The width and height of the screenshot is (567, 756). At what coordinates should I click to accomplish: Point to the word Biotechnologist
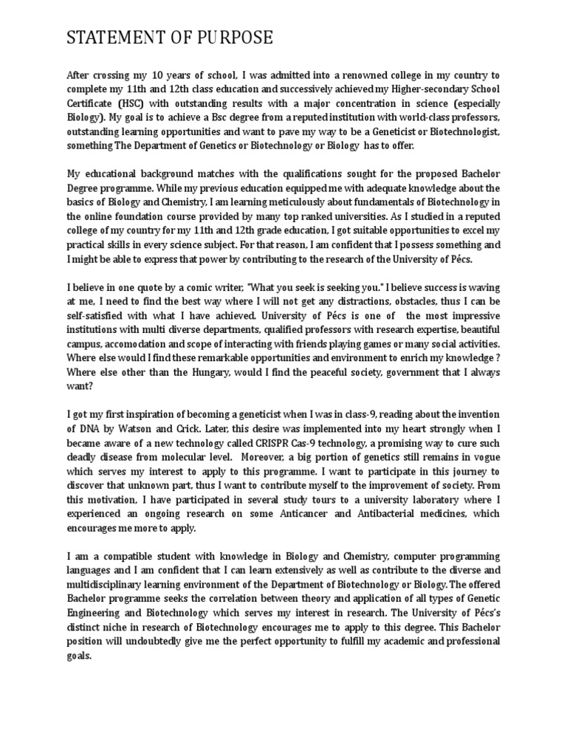(x=458, y=131)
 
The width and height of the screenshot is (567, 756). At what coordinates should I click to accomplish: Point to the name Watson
(x=143, y=427)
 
